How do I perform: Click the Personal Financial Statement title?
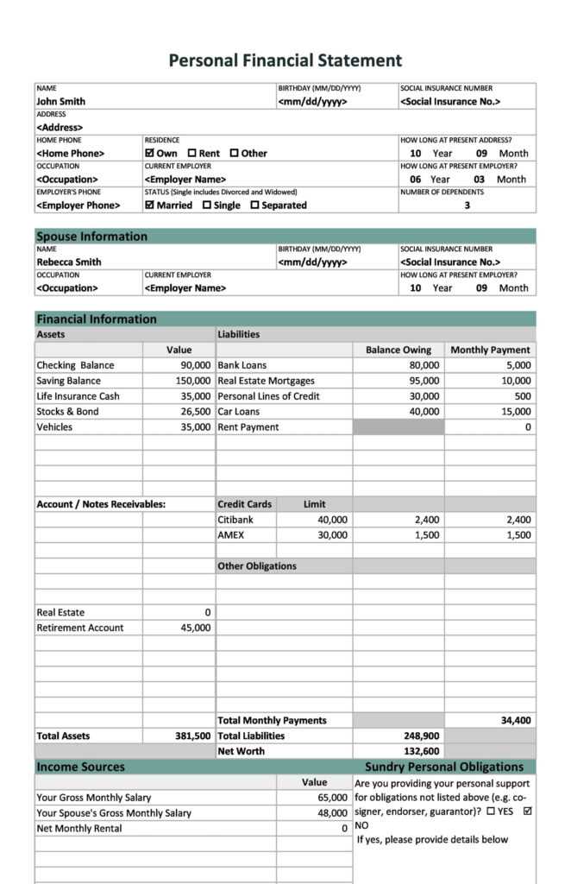pyautogui.click(x=285, y=60)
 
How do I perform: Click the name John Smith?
pyautogui.click(x=60, y=101)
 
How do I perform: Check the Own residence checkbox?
pyautogui.click(x=149, y=153)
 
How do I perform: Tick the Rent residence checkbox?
pyautogui.click(x=191, y=153)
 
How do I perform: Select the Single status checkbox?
pyautogui.click(x=207, y=205)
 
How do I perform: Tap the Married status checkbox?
pyautogui.click(x=149, y=205)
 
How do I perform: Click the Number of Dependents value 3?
pyautogui.click(x=467, y=205)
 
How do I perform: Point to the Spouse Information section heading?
pyautogui.click(x=91, y=237)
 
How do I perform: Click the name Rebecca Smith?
pyautogui.click(x=68, y=262)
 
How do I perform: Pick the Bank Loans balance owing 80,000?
pyautogui.click(x=424, y=365)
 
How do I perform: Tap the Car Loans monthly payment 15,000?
pyautogui.click(x=516, y=412)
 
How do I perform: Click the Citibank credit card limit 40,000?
pyautogui.click(x=332, y=520)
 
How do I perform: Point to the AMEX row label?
pyautogui.click(x=230, y=535)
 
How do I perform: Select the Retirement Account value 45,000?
pyautogui.click(x=195, y=628)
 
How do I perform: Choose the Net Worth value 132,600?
pyautogui.click(x=421, y=752)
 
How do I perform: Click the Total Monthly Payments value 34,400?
pyautogui.click(x=516, y=721)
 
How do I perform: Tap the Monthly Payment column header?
pyautogui.click(x=490, y=350)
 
